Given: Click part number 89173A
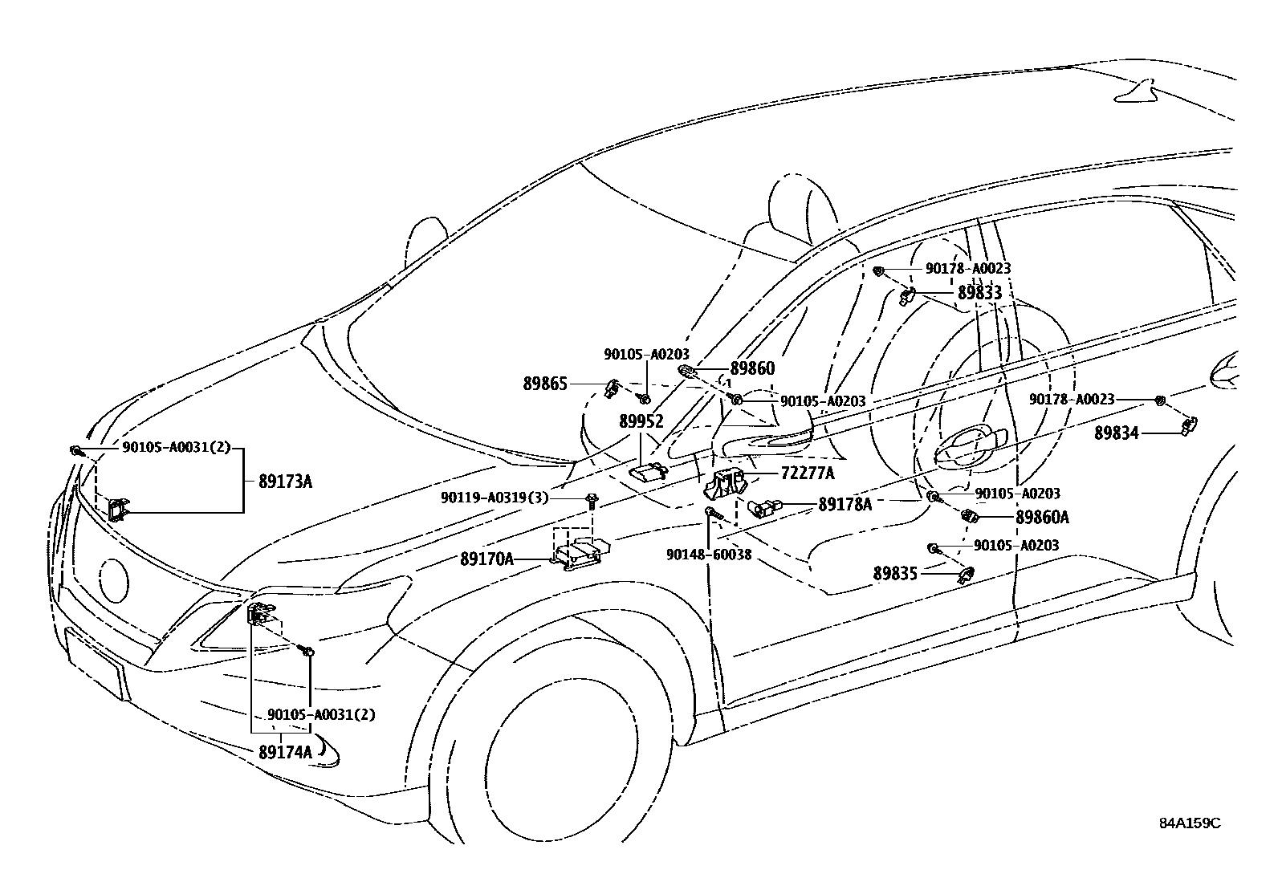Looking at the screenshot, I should [285, 482].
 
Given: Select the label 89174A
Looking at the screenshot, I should [285, 753].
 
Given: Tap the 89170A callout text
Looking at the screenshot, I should [486, 558].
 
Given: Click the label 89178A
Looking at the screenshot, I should [845, 504].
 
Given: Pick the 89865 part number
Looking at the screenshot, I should [545, 384].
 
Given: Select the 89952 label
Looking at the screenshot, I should [641, 421].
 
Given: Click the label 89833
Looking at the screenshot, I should [979, 293].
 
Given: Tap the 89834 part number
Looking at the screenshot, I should [1117, 433].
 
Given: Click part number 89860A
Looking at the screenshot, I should [1042, 518].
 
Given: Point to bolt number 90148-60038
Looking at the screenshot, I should [708, 554].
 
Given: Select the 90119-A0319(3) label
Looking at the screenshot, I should [494, 498].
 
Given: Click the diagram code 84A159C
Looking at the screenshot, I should [1189, 823].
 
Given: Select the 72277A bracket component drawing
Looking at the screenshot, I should [725, 484].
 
